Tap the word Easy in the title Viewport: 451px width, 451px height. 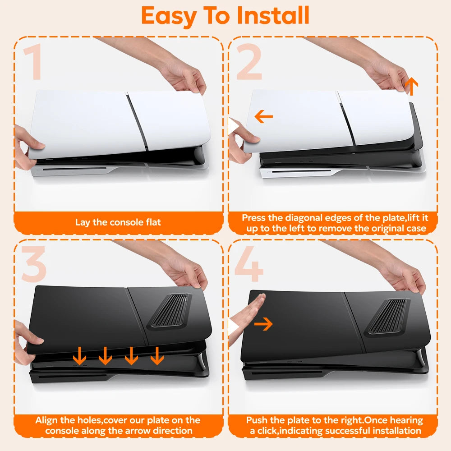tap(169, 17)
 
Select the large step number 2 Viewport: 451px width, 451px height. tap(249, 61)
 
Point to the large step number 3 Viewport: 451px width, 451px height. tap(34, 264)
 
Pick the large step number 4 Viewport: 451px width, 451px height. tap(249, 264)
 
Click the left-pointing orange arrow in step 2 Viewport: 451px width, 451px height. tap(264, 117)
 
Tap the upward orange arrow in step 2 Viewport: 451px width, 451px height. tap(412, 86)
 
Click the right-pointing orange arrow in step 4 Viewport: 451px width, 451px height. tap(263, 324)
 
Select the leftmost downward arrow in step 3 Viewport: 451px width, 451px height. tap(79, 356)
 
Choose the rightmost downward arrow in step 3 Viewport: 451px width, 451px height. tap(157, 356)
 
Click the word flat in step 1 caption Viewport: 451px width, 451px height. tap(153, 222)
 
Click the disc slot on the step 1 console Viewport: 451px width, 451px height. tap(74, 169)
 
